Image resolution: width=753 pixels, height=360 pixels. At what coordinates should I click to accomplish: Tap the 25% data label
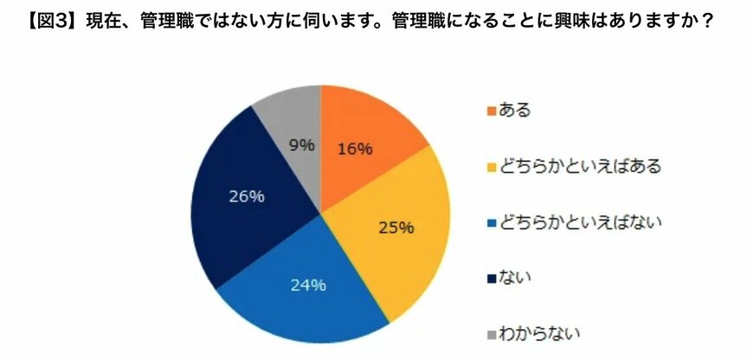[397, 228]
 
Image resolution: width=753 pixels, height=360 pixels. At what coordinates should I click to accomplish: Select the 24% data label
[308, 285]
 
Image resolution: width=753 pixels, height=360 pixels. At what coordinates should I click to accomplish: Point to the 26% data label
[246, 196]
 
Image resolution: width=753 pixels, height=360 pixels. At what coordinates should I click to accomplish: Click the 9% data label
[301, 145]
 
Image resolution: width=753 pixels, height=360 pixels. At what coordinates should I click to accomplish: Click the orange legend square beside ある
[492, 112]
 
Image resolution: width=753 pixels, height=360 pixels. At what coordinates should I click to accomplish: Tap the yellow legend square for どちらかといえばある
[492, 167]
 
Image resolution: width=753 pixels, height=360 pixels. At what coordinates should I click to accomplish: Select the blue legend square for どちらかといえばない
[492, 222]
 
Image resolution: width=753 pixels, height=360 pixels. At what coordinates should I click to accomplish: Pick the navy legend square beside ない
[492, 278]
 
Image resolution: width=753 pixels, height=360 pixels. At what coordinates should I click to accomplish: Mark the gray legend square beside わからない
[492, 333]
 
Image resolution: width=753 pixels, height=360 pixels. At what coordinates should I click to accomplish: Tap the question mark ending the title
[707, 19]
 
